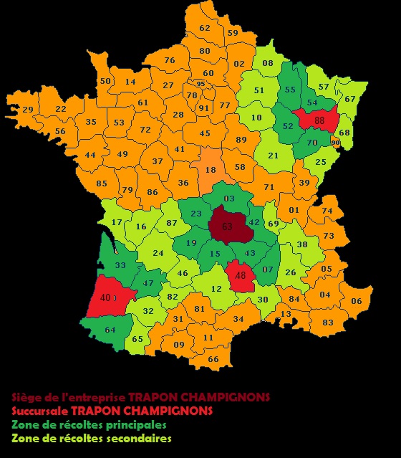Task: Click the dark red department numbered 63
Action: tap(227, 226)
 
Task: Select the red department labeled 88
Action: tap(319, 120)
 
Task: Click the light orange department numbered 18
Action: tap(211, 170)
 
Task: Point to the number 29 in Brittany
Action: tap(28, 109)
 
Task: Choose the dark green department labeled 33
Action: tap(120, 265)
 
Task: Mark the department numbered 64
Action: tap(110, 330)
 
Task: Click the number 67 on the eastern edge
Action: tap(350, 99)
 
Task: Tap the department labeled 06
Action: tap(356, 301)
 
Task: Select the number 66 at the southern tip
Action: tap(213, 358)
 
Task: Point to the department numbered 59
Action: tap(233, 32)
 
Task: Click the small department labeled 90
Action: tap(336, 143)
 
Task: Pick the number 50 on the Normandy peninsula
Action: tap(105, 81)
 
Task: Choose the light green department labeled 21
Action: tap(273, 156)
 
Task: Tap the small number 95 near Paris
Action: tap(200, 84)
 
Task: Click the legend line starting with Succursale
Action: tap(112, 411)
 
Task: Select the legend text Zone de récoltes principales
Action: tap(90, 424)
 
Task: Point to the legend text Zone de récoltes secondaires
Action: tap(92, 438)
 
